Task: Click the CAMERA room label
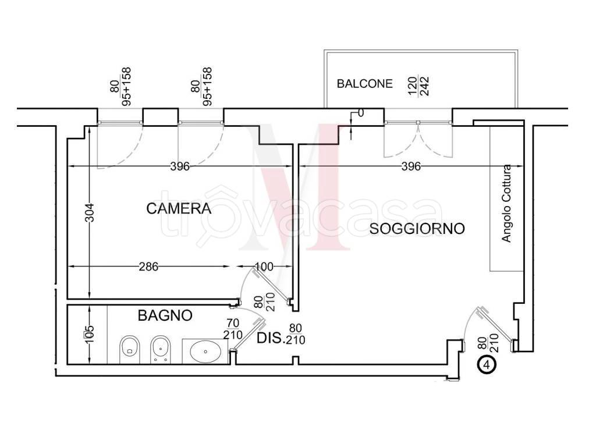178,208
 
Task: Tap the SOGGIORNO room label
417,229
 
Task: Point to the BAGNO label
165,315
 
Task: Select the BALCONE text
365,84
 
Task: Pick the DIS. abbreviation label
271,338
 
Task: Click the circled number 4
486,365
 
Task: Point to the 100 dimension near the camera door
264,267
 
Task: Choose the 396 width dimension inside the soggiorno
411,166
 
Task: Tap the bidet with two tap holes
159,350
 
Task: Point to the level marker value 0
360,113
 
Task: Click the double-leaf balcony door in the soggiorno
418,137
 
